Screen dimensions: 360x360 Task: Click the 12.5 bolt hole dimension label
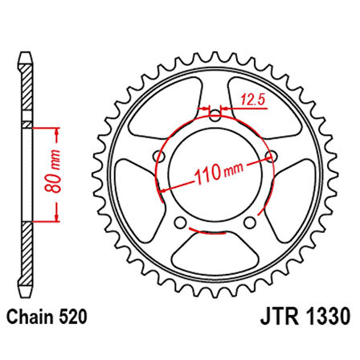tap(252, 100)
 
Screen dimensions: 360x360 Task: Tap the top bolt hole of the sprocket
tap(214, 116)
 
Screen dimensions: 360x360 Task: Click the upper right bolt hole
tap(270, 157)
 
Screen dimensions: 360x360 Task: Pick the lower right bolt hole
tap(249, 223)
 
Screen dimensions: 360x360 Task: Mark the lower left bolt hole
tap(179, 223)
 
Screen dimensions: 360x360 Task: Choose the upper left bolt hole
tap(157, 157)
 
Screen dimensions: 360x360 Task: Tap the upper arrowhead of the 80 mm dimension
tap(56, 129)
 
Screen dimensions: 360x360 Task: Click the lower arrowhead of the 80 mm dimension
tap(56, 219)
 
